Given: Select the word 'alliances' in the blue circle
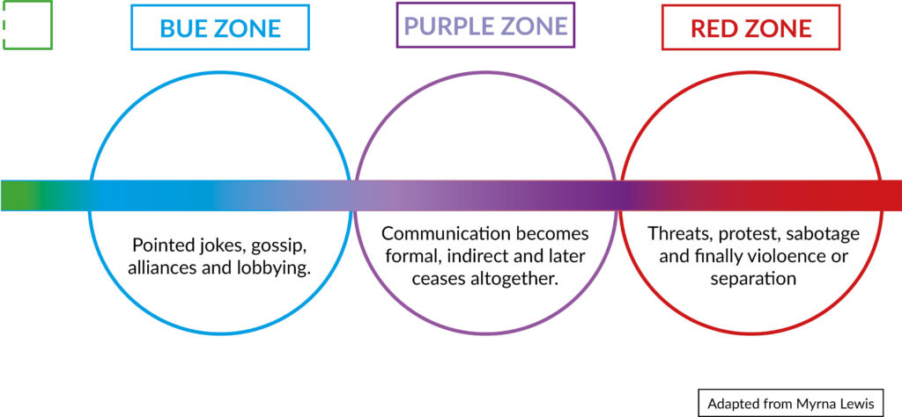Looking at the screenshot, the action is (157, 267).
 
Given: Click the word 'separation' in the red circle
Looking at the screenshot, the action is (754, 280).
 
